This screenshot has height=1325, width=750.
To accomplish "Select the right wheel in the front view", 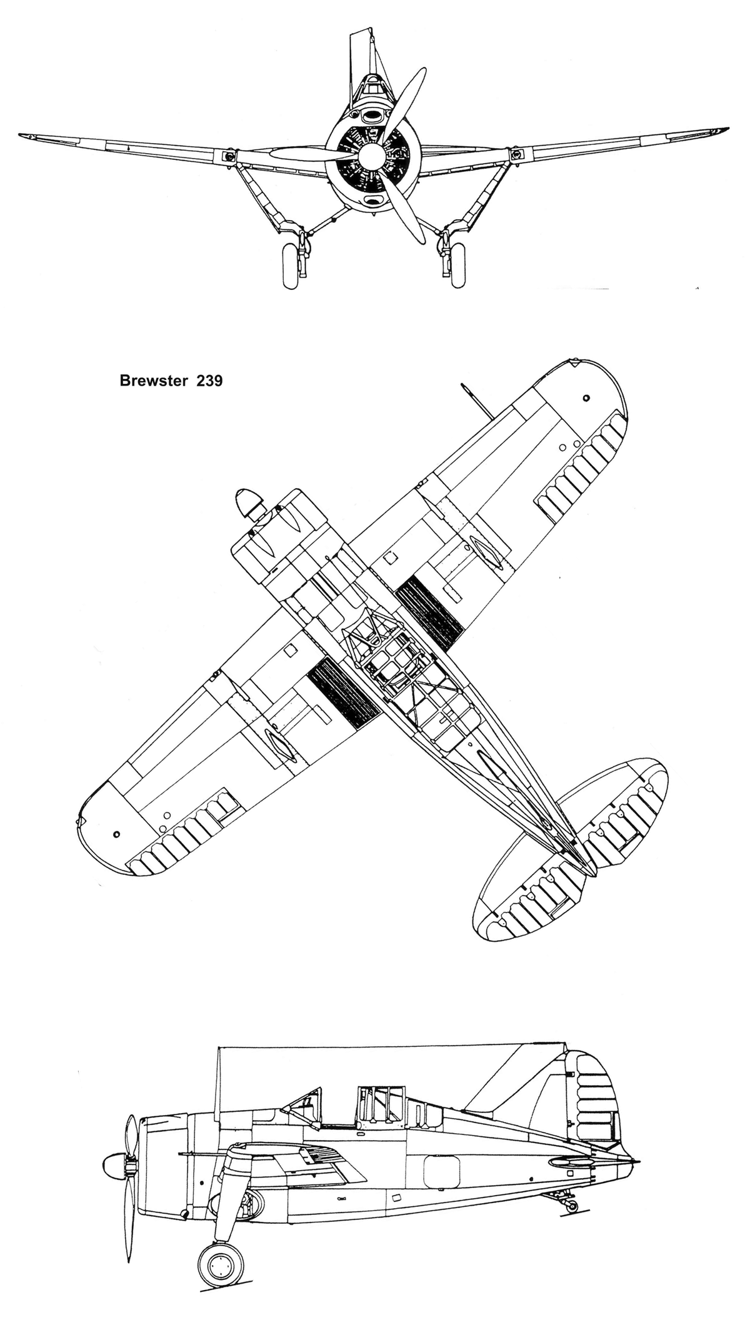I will click(457, 267).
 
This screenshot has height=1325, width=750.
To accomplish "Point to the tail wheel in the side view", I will click(571, 1205).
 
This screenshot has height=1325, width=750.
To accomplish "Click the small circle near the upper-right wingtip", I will click(586, 398).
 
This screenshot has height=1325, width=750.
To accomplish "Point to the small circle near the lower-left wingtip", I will click(117, 834).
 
